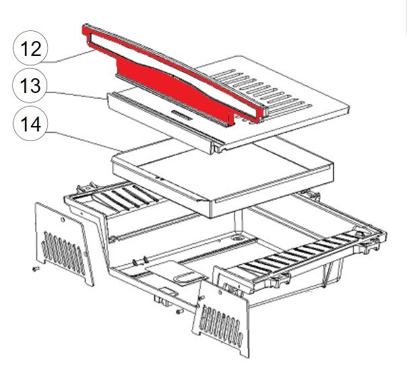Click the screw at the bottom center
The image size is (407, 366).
click(x=177, y=311)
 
